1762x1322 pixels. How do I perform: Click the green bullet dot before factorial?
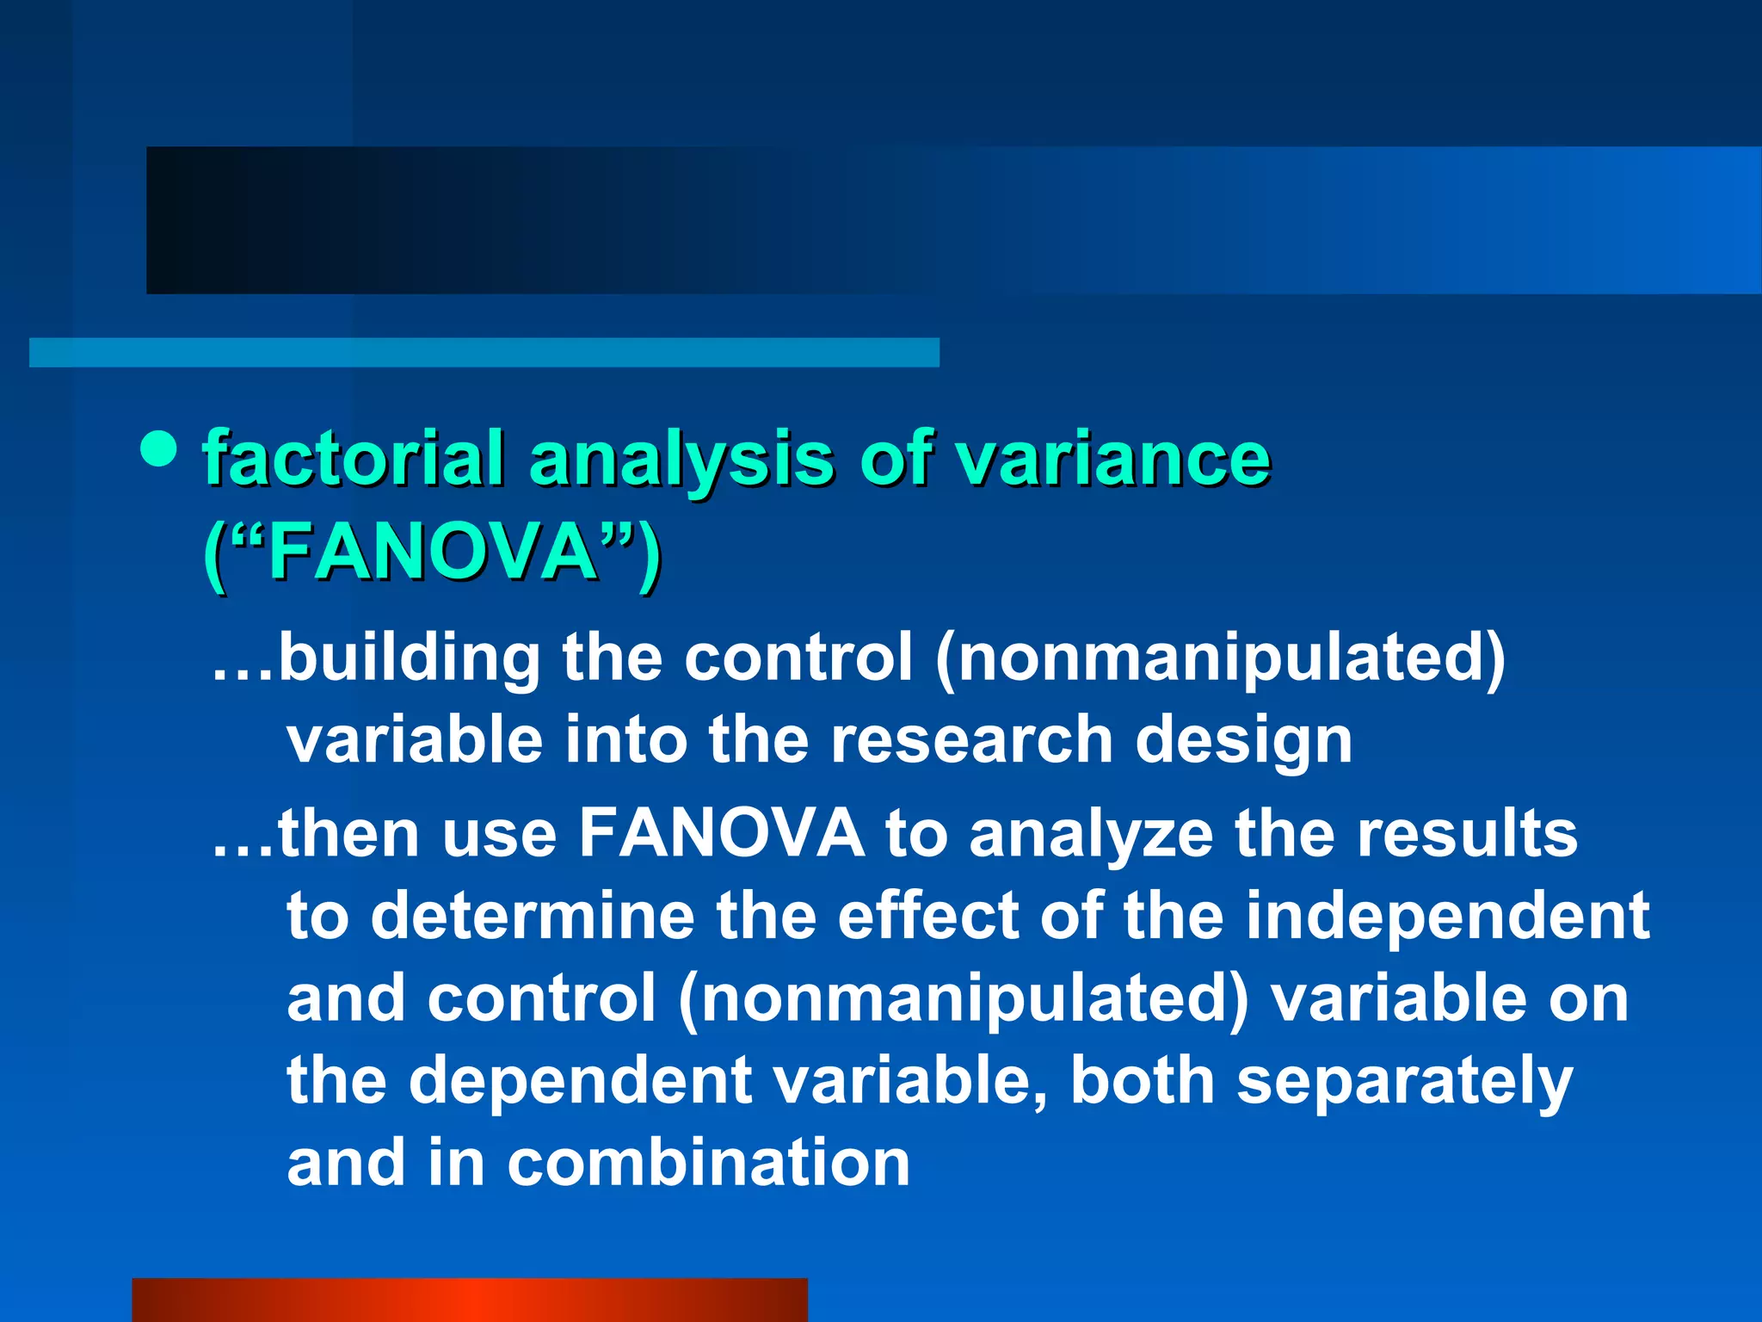pos(158,448)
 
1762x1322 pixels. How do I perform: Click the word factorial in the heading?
pos(353,458)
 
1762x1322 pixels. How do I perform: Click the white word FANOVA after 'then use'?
pos(721,832)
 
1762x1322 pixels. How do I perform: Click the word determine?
pos(533,915)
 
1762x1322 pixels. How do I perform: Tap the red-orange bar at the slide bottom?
pos(469,1300)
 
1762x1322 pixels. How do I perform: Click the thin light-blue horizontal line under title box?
pos(484,352)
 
